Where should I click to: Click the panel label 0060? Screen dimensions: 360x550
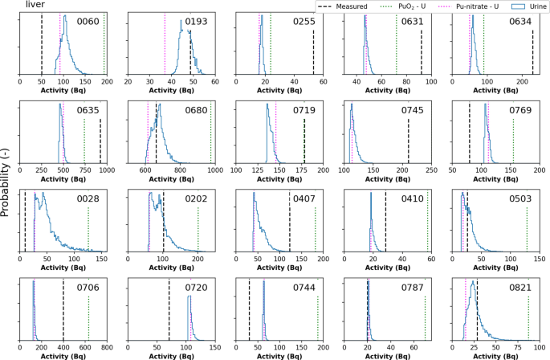88,22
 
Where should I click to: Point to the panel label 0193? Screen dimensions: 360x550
198,22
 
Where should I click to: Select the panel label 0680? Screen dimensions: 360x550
198,110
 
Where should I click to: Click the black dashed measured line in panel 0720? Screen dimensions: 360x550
169,313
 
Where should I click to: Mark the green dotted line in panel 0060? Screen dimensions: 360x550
104,44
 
